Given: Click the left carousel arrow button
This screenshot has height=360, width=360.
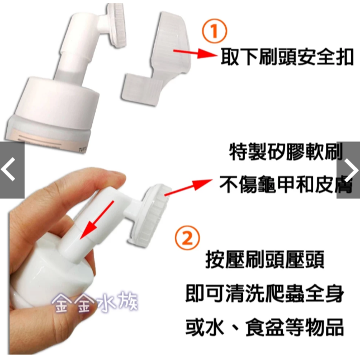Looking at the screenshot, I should click(x=11, y=170).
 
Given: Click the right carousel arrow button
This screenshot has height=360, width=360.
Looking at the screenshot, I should click(x=349, y=170).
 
